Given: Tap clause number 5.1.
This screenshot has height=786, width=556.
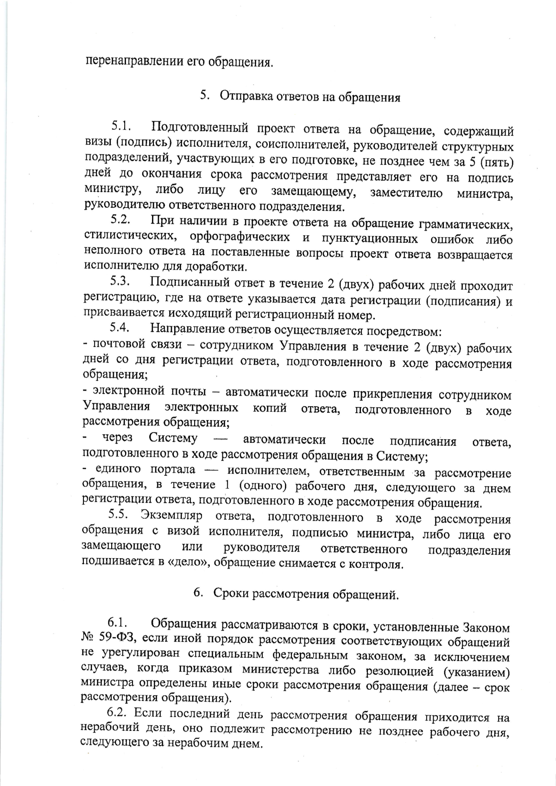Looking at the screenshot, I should pyautogui.click(x=122, y=126).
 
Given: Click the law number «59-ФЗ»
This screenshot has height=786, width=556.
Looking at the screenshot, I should pyautogui.click(x=117, y=641).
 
